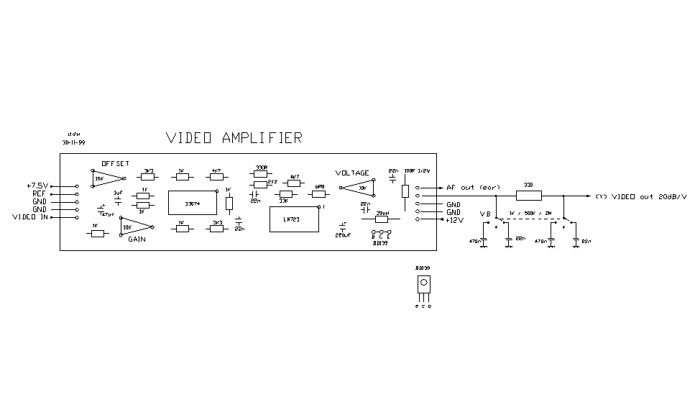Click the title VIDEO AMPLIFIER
[x=234, y=138]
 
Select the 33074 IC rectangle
[x=193, y=203]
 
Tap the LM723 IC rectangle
[x=293, y=219]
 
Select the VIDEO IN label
[x=30, y=217]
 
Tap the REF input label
[x=39, y=194]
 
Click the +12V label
[x=456, y=220]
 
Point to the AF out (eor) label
[x=473, y=188]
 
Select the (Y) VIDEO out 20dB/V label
[x=640, y=196]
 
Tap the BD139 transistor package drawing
[x=425, y=284]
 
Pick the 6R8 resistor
[x=320, y=193]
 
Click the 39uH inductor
[x=382, y=219]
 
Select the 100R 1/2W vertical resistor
[x=405, y=190]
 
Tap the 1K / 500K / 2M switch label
[x=529, y=214]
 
